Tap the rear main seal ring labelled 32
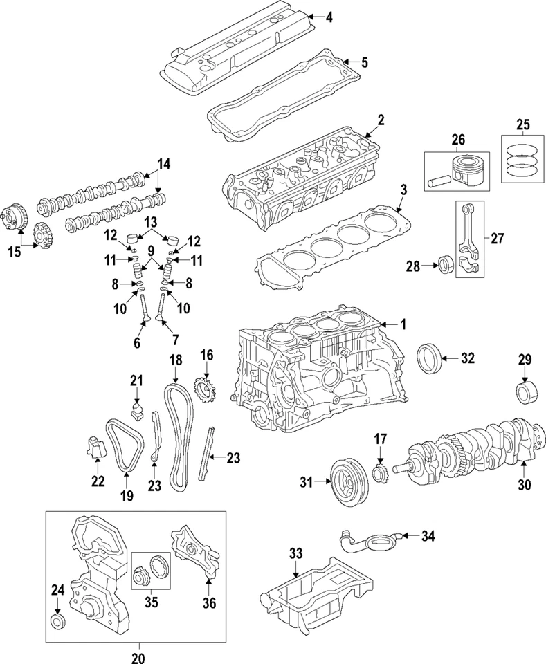(x=428, y=358)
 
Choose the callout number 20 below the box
(x=137, y=656)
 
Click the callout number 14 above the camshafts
(x=163, y=164)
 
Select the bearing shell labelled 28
(x=446, y=266)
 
